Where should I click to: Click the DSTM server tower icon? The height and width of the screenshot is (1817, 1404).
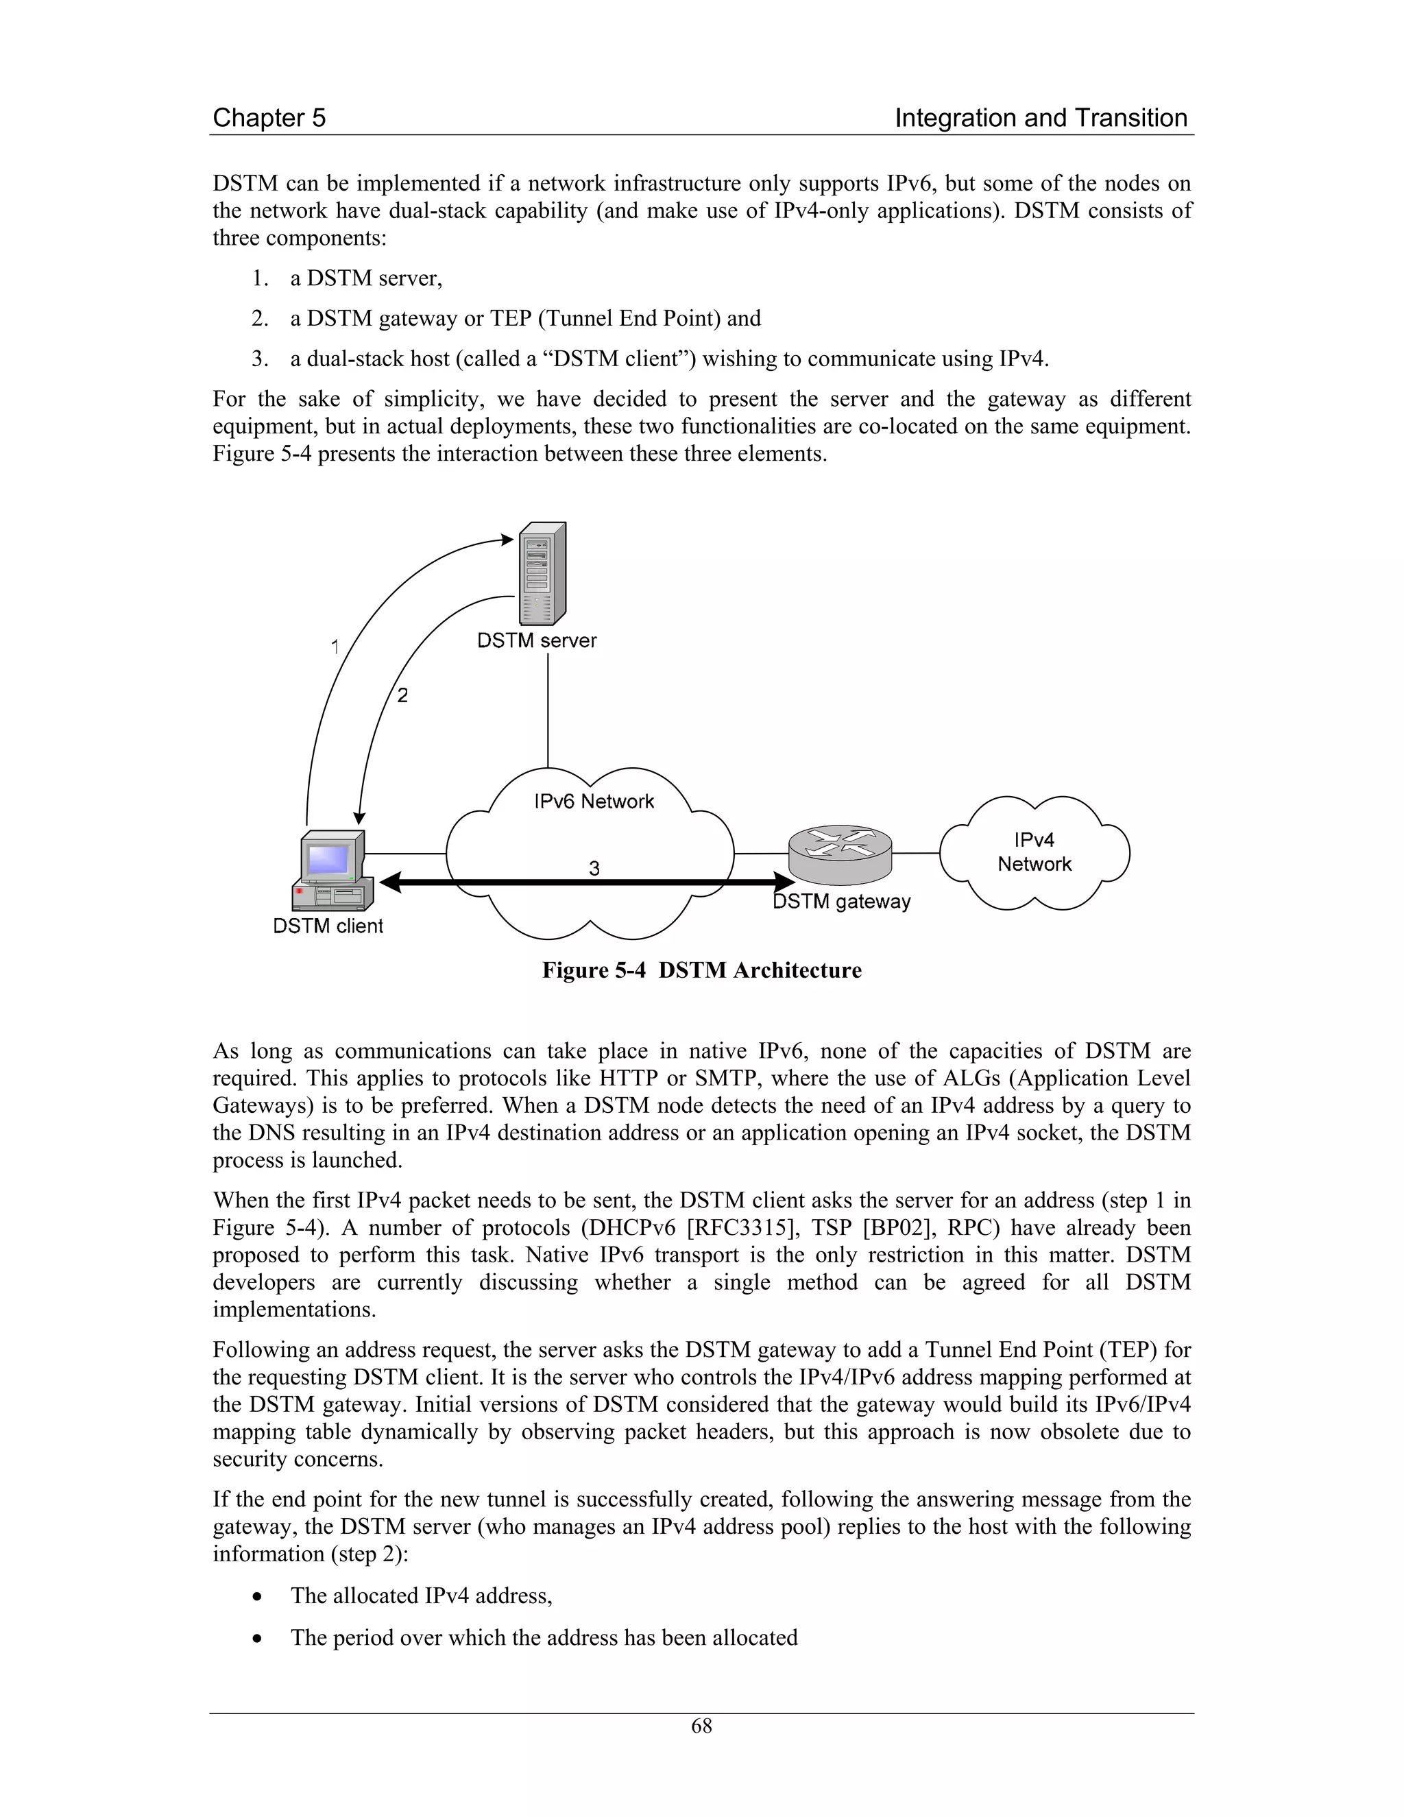click(542, 574)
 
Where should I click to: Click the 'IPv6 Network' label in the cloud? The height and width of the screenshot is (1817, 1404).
click(594, 801)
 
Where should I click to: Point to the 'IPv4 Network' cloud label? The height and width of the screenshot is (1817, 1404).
click(1034, 852)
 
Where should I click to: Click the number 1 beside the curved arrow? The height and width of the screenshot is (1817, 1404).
click(335, 647)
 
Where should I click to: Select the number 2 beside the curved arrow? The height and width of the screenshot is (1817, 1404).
click(402, 695)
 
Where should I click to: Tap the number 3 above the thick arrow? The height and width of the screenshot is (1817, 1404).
click(594, 869)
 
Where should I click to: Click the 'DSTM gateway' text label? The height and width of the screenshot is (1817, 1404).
click(842, 902)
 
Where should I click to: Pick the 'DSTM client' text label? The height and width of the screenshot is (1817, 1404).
click(328, 926)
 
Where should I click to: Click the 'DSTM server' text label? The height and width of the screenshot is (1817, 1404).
click(537, 640)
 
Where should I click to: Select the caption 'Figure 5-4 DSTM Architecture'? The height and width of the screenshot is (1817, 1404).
click(701, 970)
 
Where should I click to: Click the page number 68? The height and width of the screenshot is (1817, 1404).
click(701, 1726)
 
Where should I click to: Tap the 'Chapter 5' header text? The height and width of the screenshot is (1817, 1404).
click(269, 118)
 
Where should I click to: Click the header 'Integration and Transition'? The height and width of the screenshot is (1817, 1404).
click(1041, 118)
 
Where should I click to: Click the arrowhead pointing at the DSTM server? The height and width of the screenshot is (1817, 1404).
click(507, 540)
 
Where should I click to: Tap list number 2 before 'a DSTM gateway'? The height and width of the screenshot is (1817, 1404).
click(261, 319)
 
